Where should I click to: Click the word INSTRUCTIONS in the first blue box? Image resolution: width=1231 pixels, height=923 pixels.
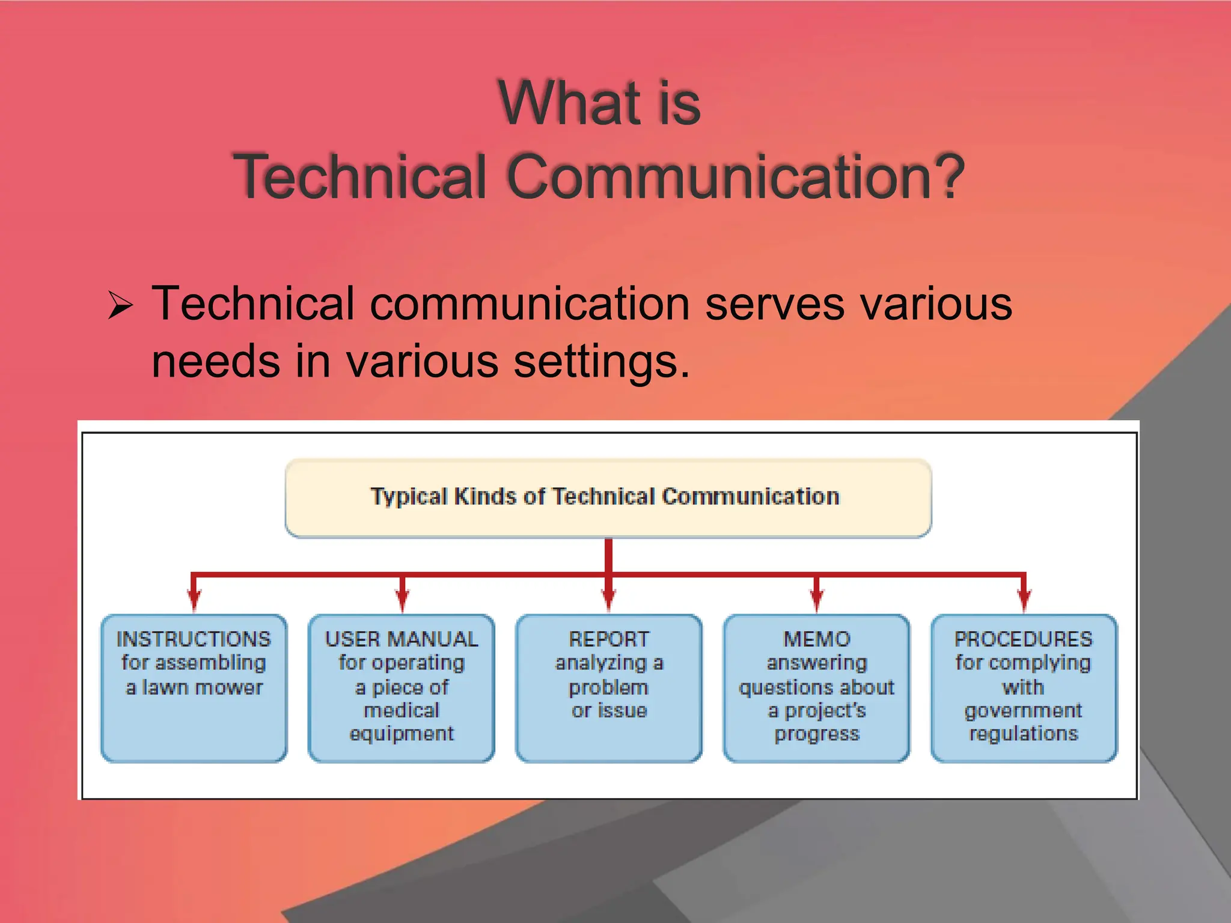tap(194, 639)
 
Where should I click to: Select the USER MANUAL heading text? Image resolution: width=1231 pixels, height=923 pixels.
tap(402, 639)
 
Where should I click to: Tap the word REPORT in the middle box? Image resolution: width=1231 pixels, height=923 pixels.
tap(609, 639)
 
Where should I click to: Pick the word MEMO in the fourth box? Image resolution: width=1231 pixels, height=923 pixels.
tap(816, 639)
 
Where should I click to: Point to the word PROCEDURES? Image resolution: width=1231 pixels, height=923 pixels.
tap(1023, 639)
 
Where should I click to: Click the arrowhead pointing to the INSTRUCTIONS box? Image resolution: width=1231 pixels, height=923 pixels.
tap(194, 600)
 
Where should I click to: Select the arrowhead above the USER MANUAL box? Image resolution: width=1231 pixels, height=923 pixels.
tap(402, 600)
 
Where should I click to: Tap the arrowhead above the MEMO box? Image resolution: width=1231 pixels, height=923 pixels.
tap(816, 600)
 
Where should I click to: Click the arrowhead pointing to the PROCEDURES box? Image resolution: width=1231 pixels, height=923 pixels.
tap(1024, 600)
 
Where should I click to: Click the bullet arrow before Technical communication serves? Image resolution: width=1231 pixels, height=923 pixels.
tap(120, 305)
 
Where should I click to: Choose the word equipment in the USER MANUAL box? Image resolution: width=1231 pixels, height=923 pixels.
tap(402, 734)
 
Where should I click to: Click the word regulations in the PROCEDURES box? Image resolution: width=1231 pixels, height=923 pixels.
tap(1024, 734)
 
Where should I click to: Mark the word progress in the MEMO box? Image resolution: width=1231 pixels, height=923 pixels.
tap(816, 734)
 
